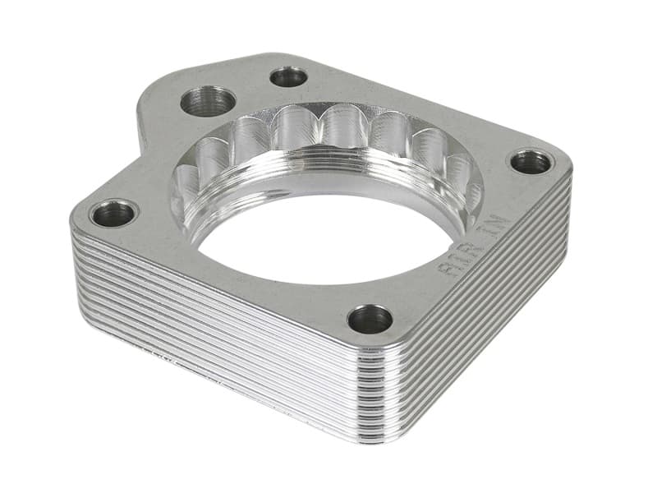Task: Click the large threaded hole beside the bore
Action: click(209, 101)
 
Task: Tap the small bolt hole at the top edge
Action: click(288, 77)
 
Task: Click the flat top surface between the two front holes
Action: click(246, 279)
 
